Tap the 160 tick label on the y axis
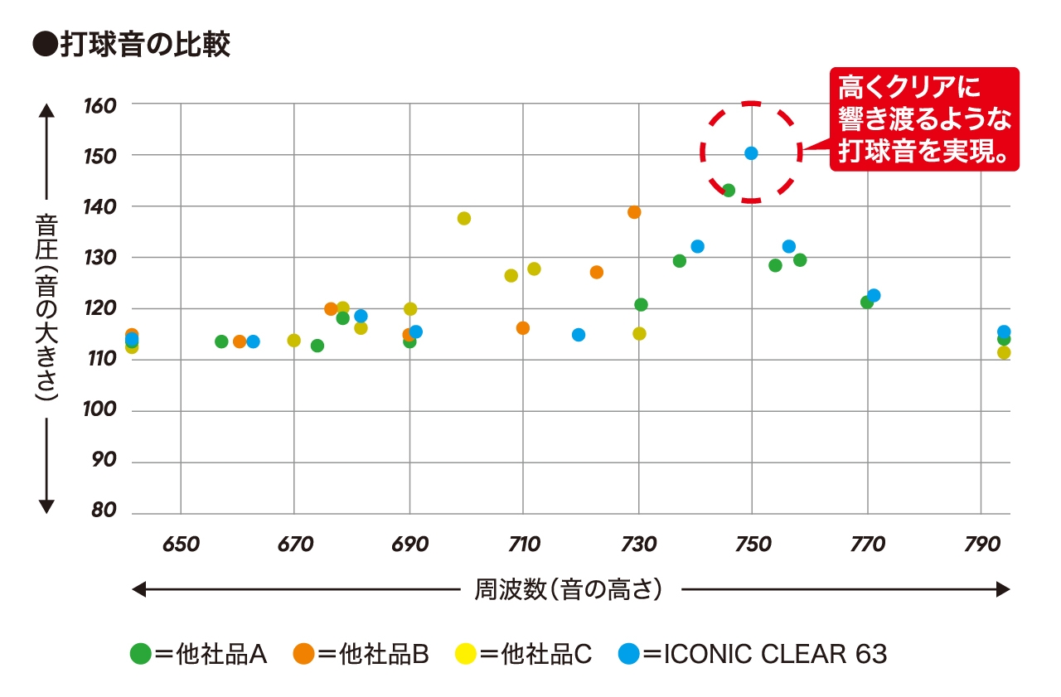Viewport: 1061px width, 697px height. (100, 105)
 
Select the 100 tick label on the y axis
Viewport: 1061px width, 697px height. (100, 411)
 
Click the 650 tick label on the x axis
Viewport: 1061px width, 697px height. (181, 544)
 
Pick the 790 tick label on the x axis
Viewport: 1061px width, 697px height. (981, 544)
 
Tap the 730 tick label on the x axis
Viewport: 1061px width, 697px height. (638, 544)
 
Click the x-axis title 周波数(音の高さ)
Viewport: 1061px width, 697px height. (569, 589)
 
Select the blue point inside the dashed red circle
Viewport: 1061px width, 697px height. (751, 153)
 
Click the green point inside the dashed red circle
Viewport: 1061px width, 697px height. (729, 191)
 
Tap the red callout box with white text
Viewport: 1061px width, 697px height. (924, 120)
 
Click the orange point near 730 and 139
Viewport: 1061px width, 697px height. (634, 212)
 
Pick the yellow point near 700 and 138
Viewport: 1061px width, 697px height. (464, 219)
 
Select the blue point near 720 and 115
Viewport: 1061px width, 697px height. (579, 335)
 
